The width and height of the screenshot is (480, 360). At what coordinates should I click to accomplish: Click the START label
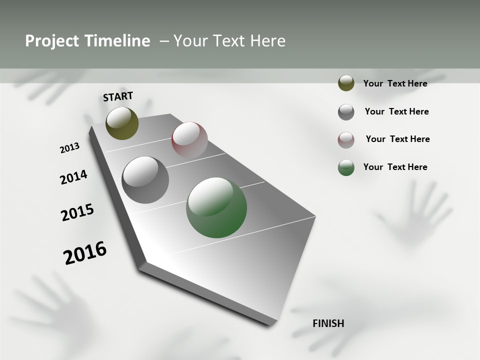(x=118, y=96)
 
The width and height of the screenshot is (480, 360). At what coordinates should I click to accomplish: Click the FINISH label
(x=328, y=323)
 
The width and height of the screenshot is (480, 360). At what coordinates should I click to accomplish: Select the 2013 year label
(x=69, y=148)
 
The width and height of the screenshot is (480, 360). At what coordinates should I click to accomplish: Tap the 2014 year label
(x=73, y=177)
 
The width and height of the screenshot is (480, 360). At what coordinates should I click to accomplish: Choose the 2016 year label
(x=85, y=252)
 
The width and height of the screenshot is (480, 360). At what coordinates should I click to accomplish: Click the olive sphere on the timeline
(x=122, y=123)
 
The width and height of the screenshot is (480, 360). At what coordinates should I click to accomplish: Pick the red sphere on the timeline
(x=189, y=140)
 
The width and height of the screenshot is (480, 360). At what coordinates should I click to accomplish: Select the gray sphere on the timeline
(x=145, y=180)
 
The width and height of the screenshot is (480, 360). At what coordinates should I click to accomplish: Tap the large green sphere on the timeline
(x=216, y=207)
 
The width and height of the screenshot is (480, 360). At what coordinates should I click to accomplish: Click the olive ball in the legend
(x=346, y=83)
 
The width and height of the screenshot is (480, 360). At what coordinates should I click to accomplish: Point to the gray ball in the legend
(x=346, y=112)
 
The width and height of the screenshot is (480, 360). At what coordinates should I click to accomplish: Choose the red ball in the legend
(x=346, y=140)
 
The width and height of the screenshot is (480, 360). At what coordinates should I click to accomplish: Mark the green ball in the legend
(x=346, y=167)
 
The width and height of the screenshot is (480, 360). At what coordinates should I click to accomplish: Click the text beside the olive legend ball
(x=395, y=83)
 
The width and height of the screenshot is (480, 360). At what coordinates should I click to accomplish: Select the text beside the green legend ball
(x=395, y=167)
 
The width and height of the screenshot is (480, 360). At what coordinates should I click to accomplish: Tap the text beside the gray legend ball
(x=396, y=111)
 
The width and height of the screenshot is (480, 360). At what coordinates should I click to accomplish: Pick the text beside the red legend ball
(x=397, y=139)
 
